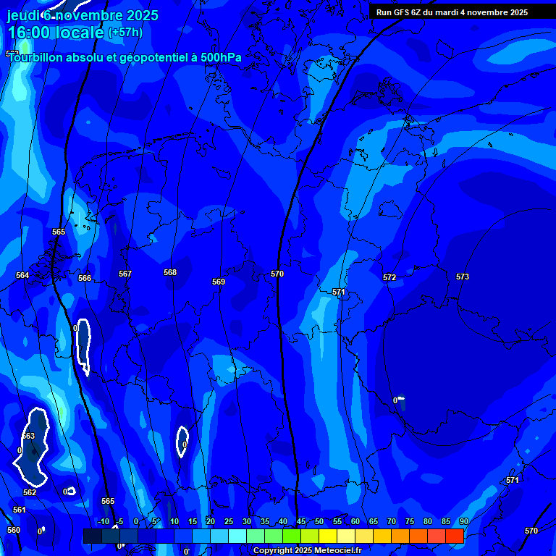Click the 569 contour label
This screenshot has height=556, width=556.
coord(219,282)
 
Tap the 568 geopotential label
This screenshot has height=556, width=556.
coord(170,272)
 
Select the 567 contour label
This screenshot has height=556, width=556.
coord(125,274)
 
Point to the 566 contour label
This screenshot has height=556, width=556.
coord(85,278)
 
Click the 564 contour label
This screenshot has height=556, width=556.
coord(22,275)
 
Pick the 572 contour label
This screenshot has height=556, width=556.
coord(389,277)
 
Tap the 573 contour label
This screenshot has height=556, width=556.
coord(463,277)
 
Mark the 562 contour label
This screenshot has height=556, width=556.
coord(30,492)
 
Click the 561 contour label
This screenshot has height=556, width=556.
coord(20,510)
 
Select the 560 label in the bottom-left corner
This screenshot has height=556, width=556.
coord(14,530)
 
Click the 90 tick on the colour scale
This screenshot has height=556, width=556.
coord(463,521)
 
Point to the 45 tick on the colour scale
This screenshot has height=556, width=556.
coord(300,521)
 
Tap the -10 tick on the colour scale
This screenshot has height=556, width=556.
coord(104,521)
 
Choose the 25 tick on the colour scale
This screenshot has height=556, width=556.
coord(228,521)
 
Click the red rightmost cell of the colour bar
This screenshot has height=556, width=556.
coord(454,536)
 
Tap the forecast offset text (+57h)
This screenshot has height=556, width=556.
coord(125,32)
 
